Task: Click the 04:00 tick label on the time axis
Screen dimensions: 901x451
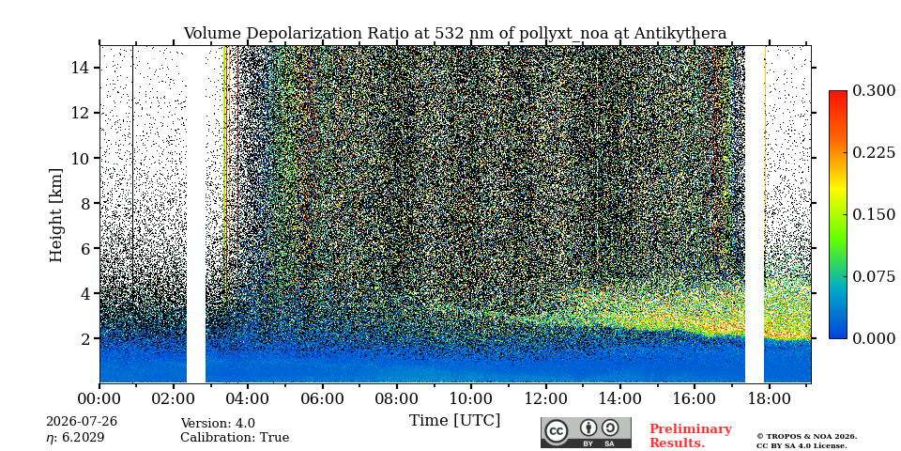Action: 248,398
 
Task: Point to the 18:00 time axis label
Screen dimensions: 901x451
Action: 769,398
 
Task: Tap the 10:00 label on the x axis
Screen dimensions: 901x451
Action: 470,398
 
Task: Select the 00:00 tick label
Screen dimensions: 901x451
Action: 99,398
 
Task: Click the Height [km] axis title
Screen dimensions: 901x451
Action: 55,215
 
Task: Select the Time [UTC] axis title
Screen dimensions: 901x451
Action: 454,421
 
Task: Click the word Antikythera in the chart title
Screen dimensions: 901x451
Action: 680,34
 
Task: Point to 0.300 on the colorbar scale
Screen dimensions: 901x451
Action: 874,91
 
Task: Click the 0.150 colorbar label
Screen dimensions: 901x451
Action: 874,214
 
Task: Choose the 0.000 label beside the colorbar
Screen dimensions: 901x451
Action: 874,338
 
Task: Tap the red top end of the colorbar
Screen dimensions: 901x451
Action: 838,93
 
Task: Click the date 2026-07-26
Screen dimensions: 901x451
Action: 82,422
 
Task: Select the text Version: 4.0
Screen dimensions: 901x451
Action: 218,424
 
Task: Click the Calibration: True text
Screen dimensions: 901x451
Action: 235,437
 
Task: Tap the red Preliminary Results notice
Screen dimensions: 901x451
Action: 691,436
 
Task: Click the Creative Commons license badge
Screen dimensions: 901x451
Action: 586,432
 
